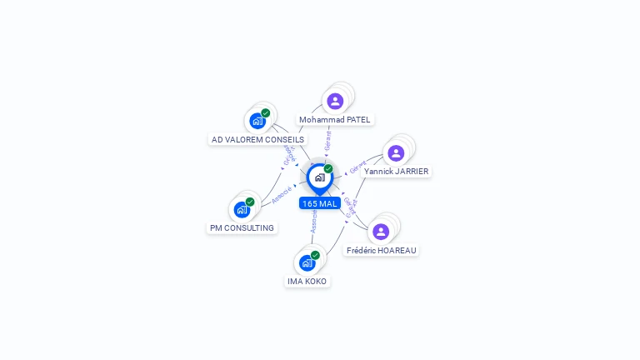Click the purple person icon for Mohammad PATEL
[335, 101]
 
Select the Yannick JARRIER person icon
[396, 152]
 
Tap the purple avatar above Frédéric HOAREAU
[381, 231]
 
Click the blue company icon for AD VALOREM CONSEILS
[257, 121]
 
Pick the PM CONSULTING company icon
[242, 209]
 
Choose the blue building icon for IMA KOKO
[307, 262]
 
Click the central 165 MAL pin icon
[319, 177]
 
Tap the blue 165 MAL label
[320, 203]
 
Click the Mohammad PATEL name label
[335, 120]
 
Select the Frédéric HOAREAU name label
[382, 250]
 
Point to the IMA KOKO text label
[307, 282]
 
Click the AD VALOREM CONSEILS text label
[258, 140]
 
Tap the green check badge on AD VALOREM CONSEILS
[266, 112]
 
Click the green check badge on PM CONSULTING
[250, 202]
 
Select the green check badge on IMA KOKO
[315, 255]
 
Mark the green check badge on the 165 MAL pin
[328, 168]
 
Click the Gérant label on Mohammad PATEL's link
[328, 140]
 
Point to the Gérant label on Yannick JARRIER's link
[357, 167]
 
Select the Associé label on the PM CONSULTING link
[282, 195]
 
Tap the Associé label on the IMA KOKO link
[313, 220]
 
